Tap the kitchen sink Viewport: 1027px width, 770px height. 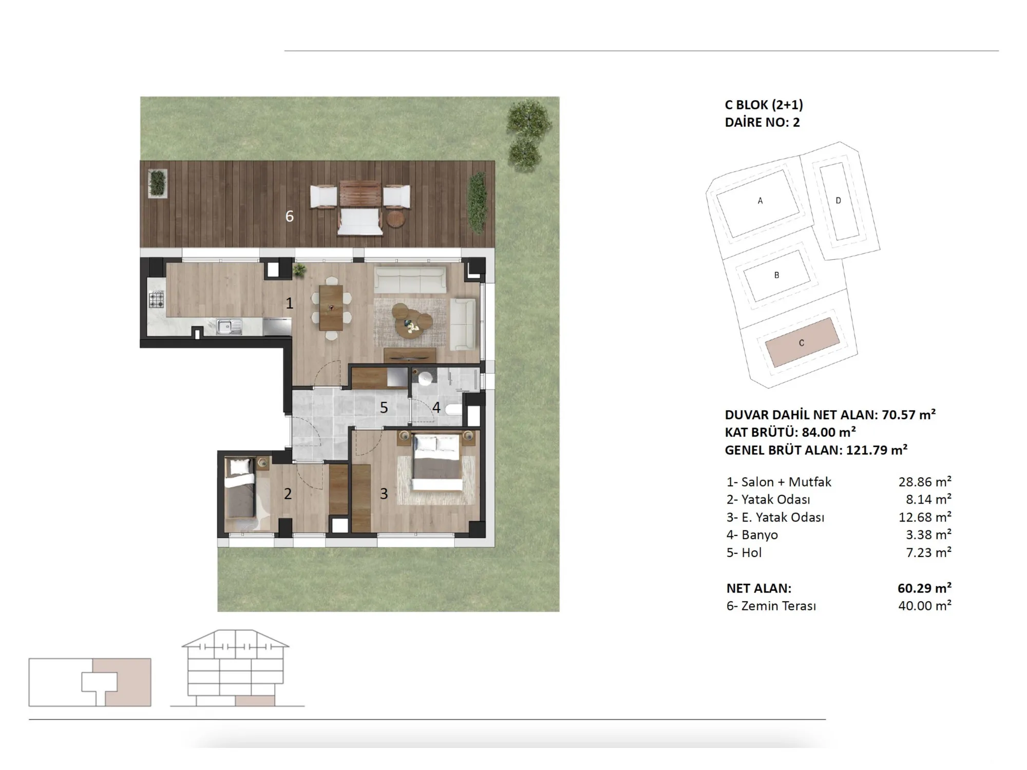click(229, 326)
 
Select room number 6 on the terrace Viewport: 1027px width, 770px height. click(290, 217)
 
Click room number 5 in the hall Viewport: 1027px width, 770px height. click(384, 408)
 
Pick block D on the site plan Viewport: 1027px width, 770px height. click(839, 201)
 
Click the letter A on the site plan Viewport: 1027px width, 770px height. click(760, 201)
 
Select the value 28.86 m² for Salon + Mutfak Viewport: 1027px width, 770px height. click(925, 482)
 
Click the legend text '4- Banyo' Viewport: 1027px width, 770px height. click(752, 535)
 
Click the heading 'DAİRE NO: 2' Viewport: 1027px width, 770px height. click(763, 122)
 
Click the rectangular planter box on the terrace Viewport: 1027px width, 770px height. click(158, 182)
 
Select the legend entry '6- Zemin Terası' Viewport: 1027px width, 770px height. click(771, 606)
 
